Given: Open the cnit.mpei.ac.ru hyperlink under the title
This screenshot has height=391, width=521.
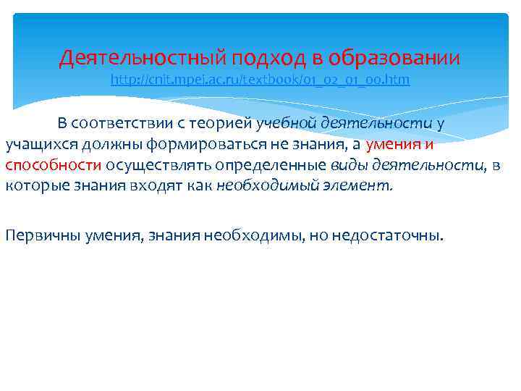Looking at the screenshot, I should (x=260, y=80).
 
